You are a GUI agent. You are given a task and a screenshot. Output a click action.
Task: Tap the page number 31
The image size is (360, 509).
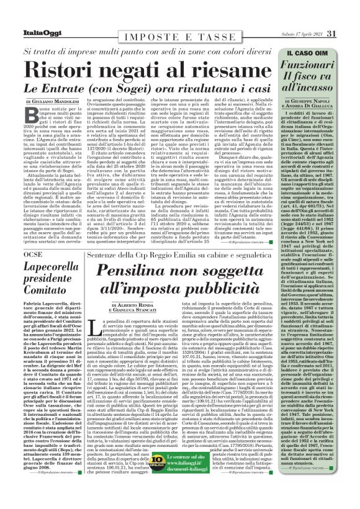[349, 33]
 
